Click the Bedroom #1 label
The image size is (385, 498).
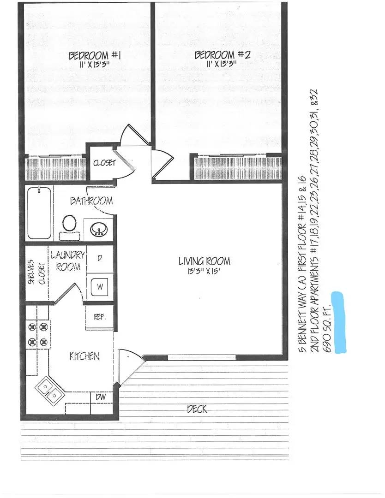(x=94, y=56)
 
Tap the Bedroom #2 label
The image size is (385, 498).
(x=222, y=55)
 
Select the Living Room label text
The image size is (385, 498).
(x=204, y=261)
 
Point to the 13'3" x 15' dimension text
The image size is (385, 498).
(x=204, y=273)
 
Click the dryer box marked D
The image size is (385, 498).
(x=99, y=258)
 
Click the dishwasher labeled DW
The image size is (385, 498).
(x=100, y=397)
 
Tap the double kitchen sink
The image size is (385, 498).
(x=49, y=388)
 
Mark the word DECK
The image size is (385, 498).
(x=197, y=409)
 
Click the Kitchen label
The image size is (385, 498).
(x=84, y=356)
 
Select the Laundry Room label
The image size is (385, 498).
(x=68, y=261)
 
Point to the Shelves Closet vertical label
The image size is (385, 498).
(x=37, y=275)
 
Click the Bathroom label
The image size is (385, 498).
(x=91, y=201)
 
